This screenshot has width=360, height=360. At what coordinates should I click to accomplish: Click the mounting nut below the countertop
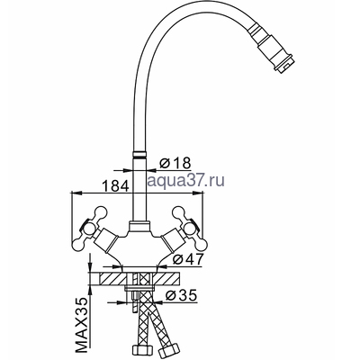click(141, 292)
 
